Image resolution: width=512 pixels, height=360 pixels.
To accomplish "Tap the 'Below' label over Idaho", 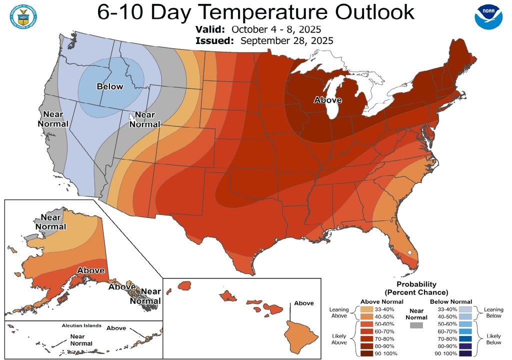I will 109,86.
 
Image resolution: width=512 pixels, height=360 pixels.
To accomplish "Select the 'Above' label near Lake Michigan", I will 327,100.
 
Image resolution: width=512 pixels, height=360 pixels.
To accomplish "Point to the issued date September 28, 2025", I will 286,40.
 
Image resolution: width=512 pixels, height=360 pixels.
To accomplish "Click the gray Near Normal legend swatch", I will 415,325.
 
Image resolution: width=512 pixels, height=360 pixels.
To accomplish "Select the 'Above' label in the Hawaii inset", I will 304,303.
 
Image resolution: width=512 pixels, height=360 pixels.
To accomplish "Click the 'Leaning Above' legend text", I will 339,313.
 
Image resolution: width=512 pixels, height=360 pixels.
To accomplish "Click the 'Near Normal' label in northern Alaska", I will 53,221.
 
